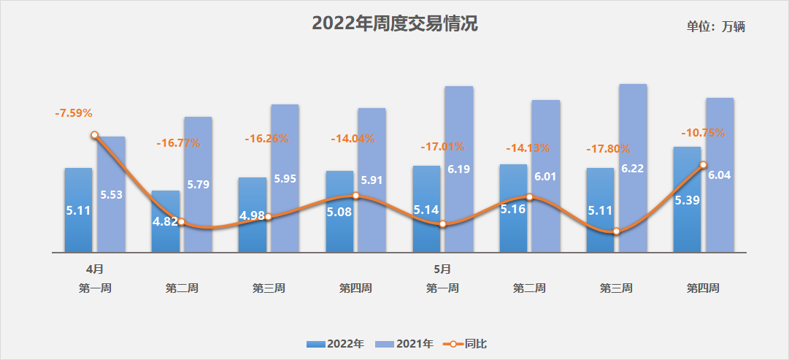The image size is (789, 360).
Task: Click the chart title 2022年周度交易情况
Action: click(x=395, y=24)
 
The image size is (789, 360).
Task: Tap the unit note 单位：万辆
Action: click(x=715, y=27)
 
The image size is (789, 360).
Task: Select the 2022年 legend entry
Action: click(x=336, y=342)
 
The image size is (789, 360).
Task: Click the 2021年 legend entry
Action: click(x=404, y=342)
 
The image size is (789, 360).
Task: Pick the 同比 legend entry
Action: click(x=466, y=342)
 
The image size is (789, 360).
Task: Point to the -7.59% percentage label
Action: click(x=74, y=113)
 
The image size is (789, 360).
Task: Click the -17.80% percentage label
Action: click(x=608, y=149)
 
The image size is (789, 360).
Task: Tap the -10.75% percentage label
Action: click(x=703, y=133)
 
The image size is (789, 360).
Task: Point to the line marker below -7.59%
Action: click(x=94, y=135)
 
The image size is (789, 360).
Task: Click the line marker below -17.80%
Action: click(x=617, y=231)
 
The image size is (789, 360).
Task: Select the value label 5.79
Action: click(x=198, y=185)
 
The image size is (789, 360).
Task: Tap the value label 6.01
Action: click(x=546, y=177)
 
